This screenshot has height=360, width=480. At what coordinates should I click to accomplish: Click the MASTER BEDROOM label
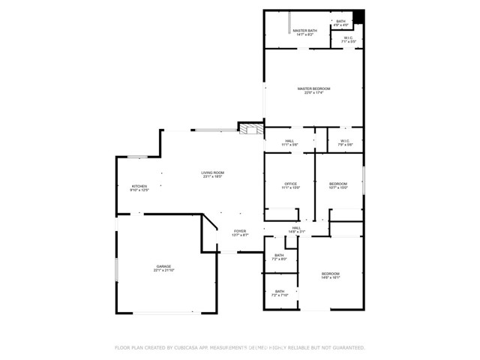tap(313, 88)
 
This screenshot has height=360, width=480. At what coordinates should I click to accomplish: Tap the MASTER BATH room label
tap(304, 30)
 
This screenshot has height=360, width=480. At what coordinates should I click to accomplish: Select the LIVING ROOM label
tap(212, 172)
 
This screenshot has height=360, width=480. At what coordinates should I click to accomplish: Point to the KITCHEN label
tap(139, 186)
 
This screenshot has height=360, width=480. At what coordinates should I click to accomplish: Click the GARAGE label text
tap(163, 266)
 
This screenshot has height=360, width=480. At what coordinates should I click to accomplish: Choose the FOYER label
tap(239, 231)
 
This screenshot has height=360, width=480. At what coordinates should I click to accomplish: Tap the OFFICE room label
tap(290, 184)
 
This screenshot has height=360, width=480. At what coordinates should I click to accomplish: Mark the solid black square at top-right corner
tap(359, 16)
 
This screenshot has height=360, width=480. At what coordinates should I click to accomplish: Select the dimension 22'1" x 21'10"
tap(163, 270)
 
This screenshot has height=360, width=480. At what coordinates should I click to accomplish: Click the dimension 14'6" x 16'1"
tap(331, 277)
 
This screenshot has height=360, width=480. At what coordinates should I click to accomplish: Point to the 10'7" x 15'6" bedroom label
tap(338, 184)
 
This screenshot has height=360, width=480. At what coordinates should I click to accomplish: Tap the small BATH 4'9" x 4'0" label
tap(340, 21)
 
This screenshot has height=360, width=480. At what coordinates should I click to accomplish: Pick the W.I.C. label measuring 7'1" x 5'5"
tap(349, 38)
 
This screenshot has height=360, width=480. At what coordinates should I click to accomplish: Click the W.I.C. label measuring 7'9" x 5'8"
tap(345, 140)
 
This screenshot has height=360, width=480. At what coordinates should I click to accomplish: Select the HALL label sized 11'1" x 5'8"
tap(289, 140)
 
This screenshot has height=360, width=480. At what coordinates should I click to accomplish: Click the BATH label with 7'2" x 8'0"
tap(279, 256)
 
